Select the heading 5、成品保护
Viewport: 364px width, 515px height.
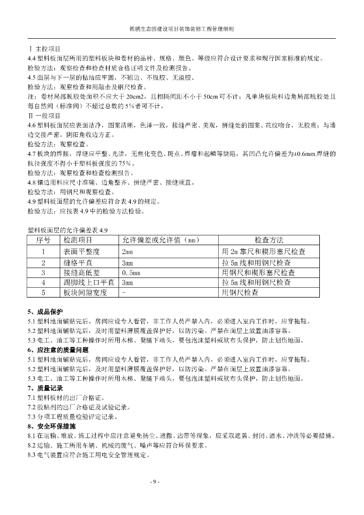(46, 312)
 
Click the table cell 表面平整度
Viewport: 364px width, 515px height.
(82, 251)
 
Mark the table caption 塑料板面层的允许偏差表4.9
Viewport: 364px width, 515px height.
(68, 230)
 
